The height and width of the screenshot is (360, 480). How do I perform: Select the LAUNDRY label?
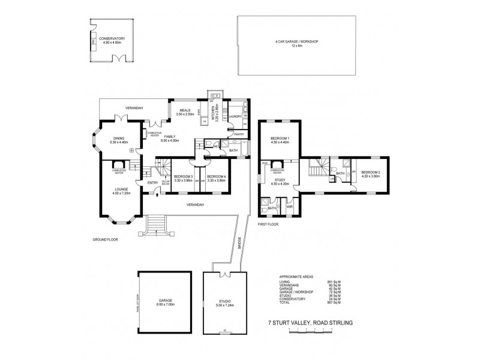(235, 116)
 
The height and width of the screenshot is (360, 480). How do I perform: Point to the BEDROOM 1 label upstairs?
(280, 140)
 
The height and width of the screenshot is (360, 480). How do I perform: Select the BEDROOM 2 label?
(370, 174)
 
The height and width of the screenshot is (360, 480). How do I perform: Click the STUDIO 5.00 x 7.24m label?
(224, 302)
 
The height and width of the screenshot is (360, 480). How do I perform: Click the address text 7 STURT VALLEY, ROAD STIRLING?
(310, 323)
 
